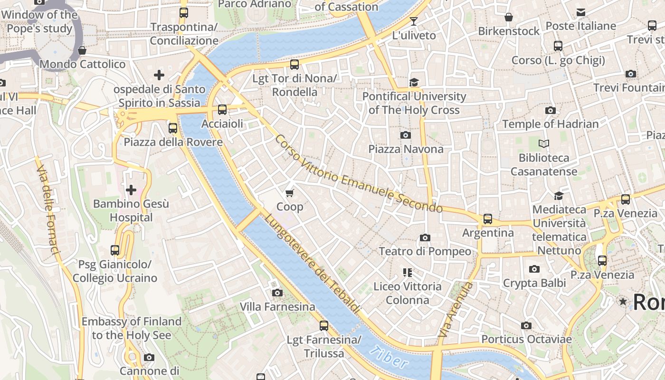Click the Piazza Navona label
pyautogui.click(x=406, y=149)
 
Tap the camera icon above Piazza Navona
pyautogui.click(x=406, y=135)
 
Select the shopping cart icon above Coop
pyautogui.click(x=290, y=193)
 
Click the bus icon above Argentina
pyautogui.click(x=488, y=219)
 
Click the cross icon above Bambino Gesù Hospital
pyautogui.click(x=131, y=190)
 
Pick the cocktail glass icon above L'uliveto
pyautogui.click(x=414, y=21)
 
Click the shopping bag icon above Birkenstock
pyautogui.click(x=509, y=17)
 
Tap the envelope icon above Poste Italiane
pyautogui.click(x=580, y=12)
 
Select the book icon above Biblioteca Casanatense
pyautogui.click(x=544, y=143)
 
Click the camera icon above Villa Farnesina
pyautogui.click(x=277, y=293)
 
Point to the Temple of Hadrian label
pyautogui.click(x=551, y=124)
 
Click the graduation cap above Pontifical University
pyautogui.click(x=414, y=82)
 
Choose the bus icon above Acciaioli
pyautogui.click(x=222, y=110)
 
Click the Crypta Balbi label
pyautogui.click(x=534, y=284)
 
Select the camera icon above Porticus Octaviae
pyautogui.click(x=526, y=325)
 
